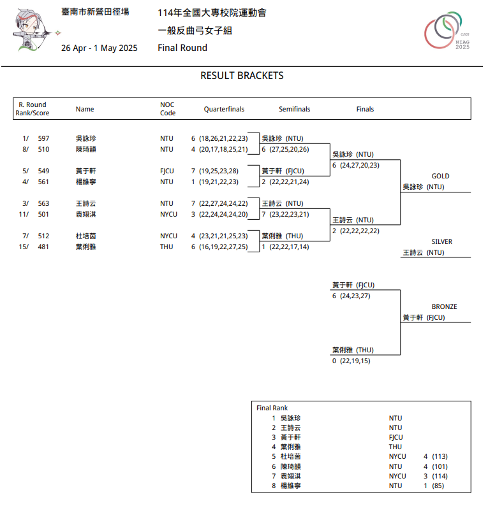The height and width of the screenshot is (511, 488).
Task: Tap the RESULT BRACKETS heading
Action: coord(242,76)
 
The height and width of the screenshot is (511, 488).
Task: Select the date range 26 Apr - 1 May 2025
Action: coord(99,48)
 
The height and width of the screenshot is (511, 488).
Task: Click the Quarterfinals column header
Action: coord(224,109)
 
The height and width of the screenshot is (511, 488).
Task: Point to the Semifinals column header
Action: coord(294,109)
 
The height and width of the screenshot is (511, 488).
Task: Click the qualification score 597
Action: coord(43,138)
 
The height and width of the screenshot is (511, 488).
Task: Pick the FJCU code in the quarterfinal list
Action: coord(167,171)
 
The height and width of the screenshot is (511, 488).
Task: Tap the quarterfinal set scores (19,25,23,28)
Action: coord(219,171)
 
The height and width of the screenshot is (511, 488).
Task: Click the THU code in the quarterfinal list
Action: coord(166,247)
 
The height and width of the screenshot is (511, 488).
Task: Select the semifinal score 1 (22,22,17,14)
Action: coord(285,247)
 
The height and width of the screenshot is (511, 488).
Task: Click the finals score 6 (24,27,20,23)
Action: coord(356,165)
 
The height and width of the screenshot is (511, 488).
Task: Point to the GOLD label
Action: coord(440,176)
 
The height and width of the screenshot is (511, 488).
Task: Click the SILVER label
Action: coord(441,241)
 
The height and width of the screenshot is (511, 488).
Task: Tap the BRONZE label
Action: coord(444,306)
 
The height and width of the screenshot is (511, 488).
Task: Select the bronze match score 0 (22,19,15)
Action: coord(351,361)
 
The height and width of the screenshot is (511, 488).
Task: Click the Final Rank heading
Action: coord(272,408)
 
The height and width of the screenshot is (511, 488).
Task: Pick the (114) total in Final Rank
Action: coord(440,476)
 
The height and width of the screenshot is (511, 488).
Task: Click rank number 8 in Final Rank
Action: coord(274,486)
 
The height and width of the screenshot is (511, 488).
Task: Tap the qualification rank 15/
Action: coord(24,247)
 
